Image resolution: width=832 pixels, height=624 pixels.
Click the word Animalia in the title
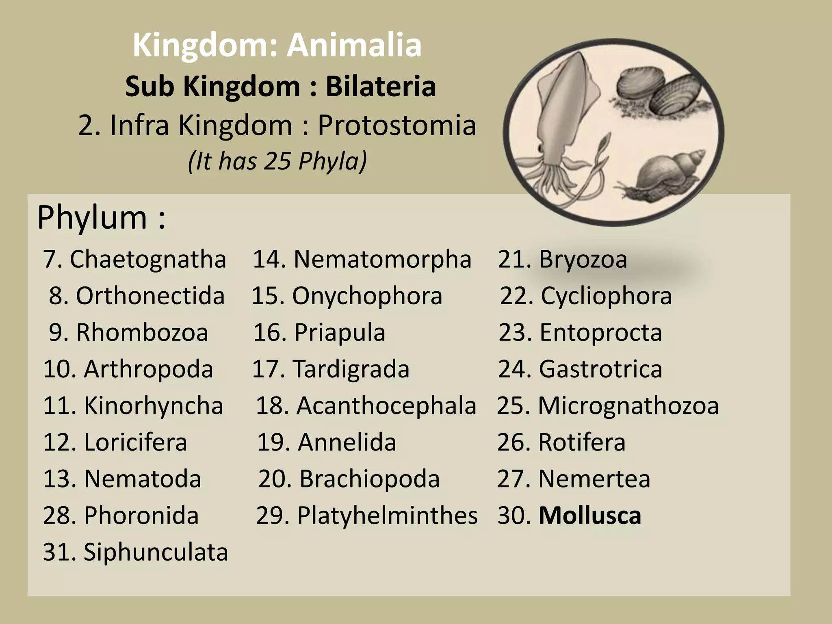[x=354, y=45]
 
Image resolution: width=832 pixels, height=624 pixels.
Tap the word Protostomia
[x=396, y=125]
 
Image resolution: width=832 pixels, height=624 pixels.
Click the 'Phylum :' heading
[x=102, y=218]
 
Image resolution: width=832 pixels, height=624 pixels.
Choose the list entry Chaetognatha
[x=148, y=259]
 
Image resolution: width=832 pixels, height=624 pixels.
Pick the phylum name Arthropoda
[x=148, y=369]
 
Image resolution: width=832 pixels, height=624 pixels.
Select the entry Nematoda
[x=142, y=479]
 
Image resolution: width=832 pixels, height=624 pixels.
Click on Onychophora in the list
[x=367, y=296]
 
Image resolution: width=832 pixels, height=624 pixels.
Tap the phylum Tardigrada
[x=351, y=369]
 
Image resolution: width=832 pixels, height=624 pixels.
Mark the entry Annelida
[x=347, y=442]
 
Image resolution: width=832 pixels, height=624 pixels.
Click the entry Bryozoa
[x=583, y=259]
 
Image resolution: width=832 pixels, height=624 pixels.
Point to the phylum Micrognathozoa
[x=628, y=405]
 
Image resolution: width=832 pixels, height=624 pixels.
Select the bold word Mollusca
[x=590, y=516]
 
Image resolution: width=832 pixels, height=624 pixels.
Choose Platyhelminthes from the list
[x=387, y=516]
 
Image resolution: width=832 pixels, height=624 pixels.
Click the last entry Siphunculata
[x=156, y=552]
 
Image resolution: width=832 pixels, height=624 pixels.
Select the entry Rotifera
[x=582, y=442]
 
